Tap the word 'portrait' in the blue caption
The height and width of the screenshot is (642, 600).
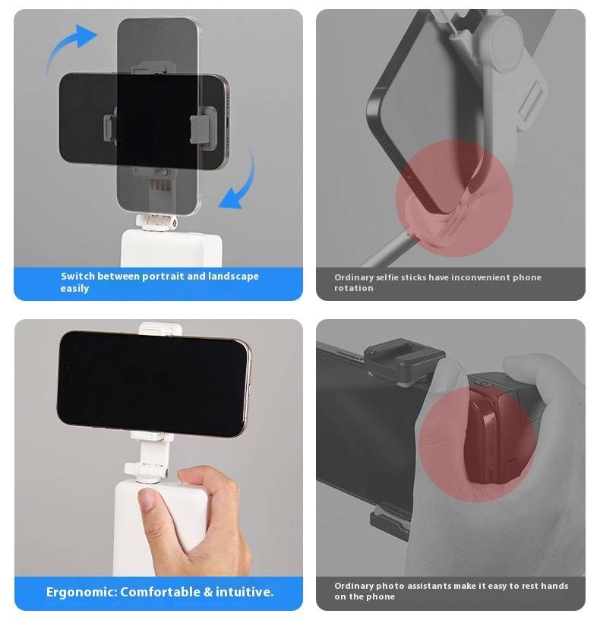point(163,277)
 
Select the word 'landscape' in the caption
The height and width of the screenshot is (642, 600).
point(233,277)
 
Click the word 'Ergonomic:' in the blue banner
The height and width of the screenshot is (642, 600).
point(81,592)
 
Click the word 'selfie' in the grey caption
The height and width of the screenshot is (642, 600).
point(387,277)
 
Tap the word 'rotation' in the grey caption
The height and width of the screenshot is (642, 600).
point(354,288)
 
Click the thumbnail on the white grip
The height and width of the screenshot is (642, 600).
point(147,499)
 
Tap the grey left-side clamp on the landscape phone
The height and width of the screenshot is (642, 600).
point(109,127)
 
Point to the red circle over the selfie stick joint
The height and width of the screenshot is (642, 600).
point(454,198)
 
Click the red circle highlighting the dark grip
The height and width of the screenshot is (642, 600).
point(477,444)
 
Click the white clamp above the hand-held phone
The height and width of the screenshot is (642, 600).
point(160,329)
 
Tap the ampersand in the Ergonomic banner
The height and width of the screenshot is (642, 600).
point(208,592)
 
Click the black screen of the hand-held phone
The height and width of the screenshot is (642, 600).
point(150,383)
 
